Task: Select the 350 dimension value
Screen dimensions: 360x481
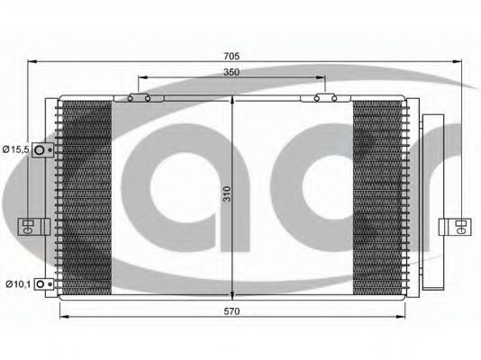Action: click(231, 72)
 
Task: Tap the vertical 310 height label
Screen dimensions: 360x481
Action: click(228, 193)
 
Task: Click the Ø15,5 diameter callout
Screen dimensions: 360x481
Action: click(17, 148)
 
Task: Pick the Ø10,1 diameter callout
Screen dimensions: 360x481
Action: click(17, 285)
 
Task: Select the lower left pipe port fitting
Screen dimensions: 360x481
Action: click(43, 285)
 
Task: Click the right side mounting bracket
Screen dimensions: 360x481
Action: click(454, 224)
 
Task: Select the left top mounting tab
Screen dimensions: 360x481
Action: click(140, 98)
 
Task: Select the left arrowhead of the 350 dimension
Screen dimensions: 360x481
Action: click(142, 80)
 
